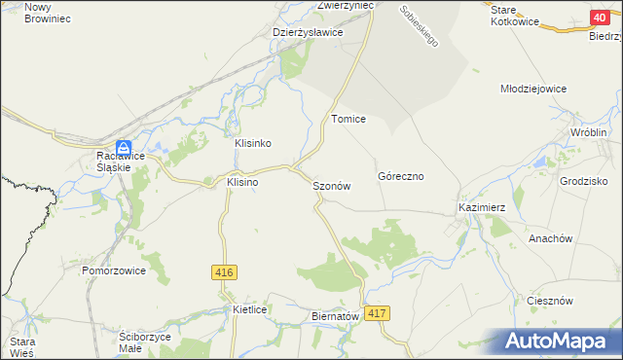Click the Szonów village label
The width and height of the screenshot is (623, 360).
click(331, 186)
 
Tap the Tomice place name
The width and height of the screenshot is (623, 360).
click(348, 119)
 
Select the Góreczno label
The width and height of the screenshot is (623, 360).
click(399, 177)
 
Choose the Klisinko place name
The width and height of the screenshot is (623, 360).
click(252, 143)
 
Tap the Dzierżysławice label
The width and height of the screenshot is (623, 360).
click(308, 32)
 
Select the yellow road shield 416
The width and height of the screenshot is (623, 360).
click(222, 273)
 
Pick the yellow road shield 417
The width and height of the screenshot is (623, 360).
click(379, 312)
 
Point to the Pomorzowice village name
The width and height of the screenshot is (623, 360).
click(114, 270)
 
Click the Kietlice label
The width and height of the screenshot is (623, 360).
click(250, 309)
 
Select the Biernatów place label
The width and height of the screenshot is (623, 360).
click(334, 316)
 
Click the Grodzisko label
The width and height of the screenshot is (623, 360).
click(584, 181)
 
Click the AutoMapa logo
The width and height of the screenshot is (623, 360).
click(559, 342)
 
